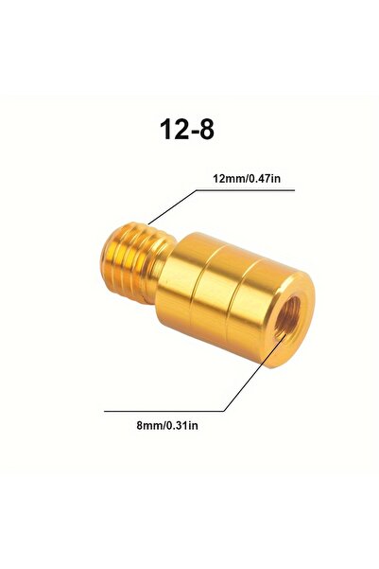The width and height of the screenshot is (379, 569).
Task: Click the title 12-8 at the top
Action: (187, 129)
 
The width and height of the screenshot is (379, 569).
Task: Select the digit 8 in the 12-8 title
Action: (205, 129)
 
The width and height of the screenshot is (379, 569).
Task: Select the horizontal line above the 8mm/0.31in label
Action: (164, 411)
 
